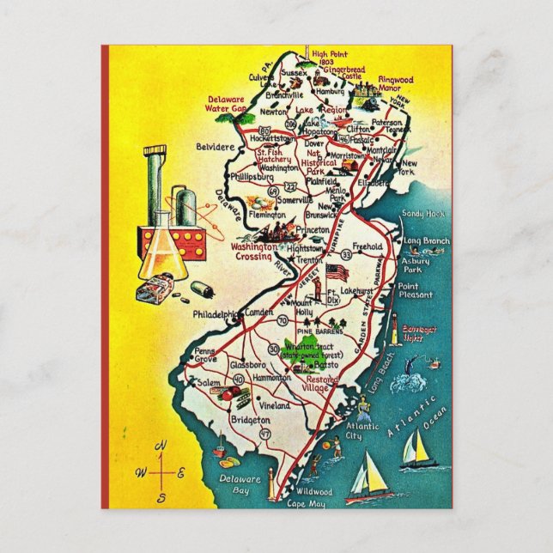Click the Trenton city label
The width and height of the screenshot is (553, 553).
click(x=311, y=258)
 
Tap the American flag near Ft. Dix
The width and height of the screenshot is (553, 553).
click(x=338, y=273)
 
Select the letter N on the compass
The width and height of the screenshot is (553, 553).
click(x=161, y=445)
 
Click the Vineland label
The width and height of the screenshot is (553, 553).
click(x=276, y=405)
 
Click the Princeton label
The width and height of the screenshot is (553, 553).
click(x=312, y=230)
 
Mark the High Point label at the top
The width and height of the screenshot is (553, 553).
click(x=327, y=58)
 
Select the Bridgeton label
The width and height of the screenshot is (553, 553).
click(x=250, y=420)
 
